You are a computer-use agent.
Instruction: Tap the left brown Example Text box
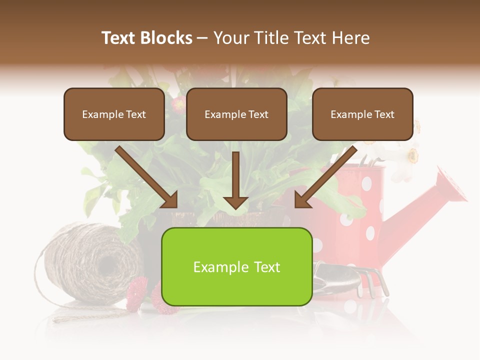114,114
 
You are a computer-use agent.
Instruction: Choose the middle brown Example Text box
236,114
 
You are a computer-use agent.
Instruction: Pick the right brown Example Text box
362,114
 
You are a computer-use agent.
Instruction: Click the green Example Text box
236,266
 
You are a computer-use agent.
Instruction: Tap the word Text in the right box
384,114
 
